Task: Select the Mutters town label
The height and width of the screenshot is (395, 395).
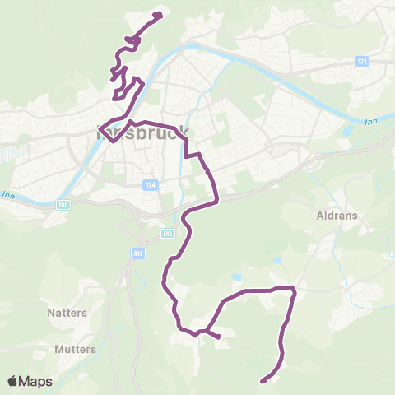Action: (75, 349)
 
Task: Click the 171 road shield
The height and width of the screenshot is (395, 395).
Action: (362, 62)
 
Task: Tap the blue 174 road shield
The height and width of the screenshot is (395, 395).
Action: (148, 185)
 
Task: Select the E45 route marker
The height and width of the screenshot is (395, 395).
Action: (168, 234)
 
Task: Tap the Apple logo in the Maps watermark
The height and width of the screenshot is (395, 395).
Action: (14, 382)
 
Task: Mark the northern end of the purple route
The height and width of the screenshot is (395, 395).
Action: (159, 14)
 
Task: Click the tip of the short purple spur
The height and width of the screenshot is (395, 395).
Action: (219, 337)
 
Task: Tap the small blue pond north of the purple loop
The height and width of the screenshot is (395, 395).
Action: (237, 276)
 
